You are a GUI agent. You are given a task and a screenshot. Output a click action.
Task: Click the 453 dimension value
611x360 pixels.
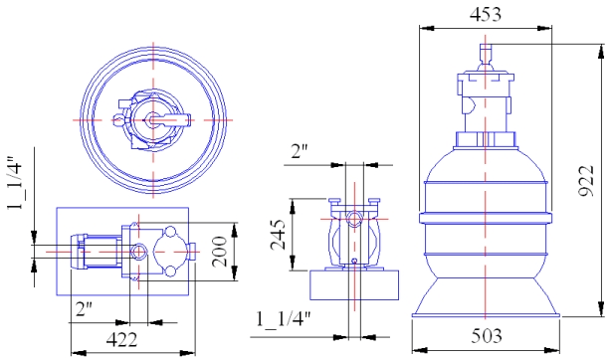click(x=486, y=14)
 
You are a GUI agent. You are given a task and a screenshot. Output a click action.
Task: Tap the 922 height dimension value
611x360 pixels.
click(x=586, y=181)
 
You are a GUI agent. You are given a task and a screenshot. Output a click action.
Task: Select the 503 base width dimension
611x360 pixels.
click(x=487, y=336)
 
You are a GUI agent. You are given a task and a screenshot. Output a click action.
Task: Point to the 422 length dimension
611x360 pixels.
click(x=122, y=340)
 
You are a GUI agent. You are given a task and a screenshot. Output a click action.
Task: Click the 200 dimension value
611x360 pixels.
click(x=219, y=252)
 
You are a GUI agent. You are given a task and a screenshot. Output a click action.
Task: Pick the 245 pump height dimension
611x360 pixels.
click(x=279, y=234)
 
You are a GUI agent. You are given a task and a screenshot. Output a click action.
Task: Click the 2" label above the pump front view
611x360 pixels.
click(x=300, y=151)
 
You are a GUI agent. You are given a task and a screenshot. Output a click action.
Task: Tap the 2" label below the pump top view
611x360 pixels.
click(x=84, y=308)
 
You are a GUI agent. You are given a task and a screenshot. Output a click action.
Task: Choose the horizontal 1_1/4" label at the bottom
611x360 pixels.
click(x=284, y=319)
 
